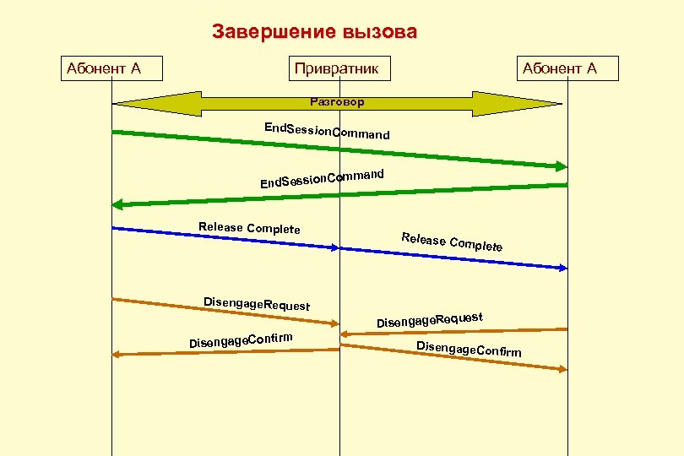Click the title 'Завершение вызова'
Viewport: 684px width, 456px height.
click(x=314, y=33)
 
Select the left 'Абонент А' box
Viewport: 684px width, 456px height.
click(x=111, y=68)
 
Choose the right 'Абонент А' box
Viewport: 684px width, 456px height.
click(x=567, y=68)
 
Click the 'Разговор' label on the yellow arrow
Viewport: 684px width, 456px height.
click(x=337, y=102)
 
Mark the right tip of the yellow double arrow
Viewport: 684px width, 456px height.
click(x=560, y=103)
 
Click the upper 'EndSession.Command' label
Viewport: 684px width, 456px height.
click(x=327, y=131)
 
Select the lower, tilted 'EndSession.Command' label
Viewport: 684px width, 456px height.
click(x=322, y=178)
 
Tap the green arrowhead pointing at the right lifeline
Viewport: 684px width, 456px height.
click(x=561, y=166)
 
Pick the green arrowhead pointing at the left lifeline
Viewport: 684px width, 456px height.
click(x=118, y=204)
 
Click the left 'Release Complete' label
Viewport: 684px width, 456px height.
click(x=249, y=228)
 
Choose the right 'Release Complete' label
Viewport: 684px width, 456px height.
click(x=452, y=242)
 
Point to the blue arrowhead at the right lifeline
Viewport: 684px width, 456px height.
click(x=562, y=269)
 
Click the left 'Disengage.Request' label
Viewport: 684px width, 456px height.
click(x=257, y=304)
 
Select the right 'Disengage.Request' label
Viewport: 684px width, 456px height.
click(x=429, y=319)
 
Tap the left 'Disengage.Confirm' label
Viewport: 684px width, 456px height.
click(x=241, y=339)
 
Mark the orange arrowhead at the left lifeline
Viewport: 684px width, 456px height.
click(x=118, y=355)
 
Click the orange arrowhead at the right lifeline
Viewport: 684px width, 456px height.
click(x=562, y=369)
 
